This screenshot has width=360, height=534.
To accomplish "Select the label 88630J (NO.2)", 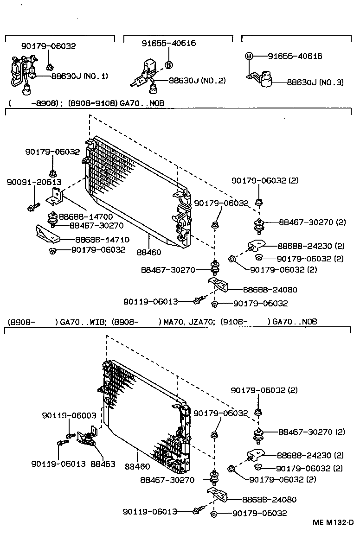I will tap(197, 80).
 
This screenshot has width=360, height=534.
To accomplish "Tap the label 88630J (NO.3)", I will tap(315, 82).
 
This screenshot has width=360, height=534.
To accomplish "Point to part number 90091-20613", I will tap(34, 182).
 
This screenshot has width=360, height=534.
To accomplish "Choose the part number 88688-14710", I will tap(102, 240).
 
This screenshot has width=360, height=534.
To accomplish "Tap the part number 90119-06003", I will tap(69, 415).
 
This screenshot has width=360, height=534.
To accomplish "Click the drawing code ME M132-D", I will tap(332, 522).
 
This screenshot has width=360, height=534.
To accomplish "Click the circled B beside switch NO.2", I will tap(169, 65).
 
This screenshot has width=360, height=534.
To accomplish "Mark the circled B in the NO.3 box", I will tap(249, 56).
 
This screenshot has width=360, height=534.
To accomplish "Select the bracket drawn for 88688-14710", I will tap(47, 234).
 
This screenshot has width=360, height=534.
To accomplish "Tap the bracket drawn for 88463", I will tap(87, 439).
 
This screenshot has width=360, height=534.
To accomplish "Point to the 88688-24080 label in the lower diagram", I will tap(269, 499).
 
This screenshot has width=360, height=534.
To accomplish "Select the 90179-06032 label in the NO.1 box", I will tap(48, 46).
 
